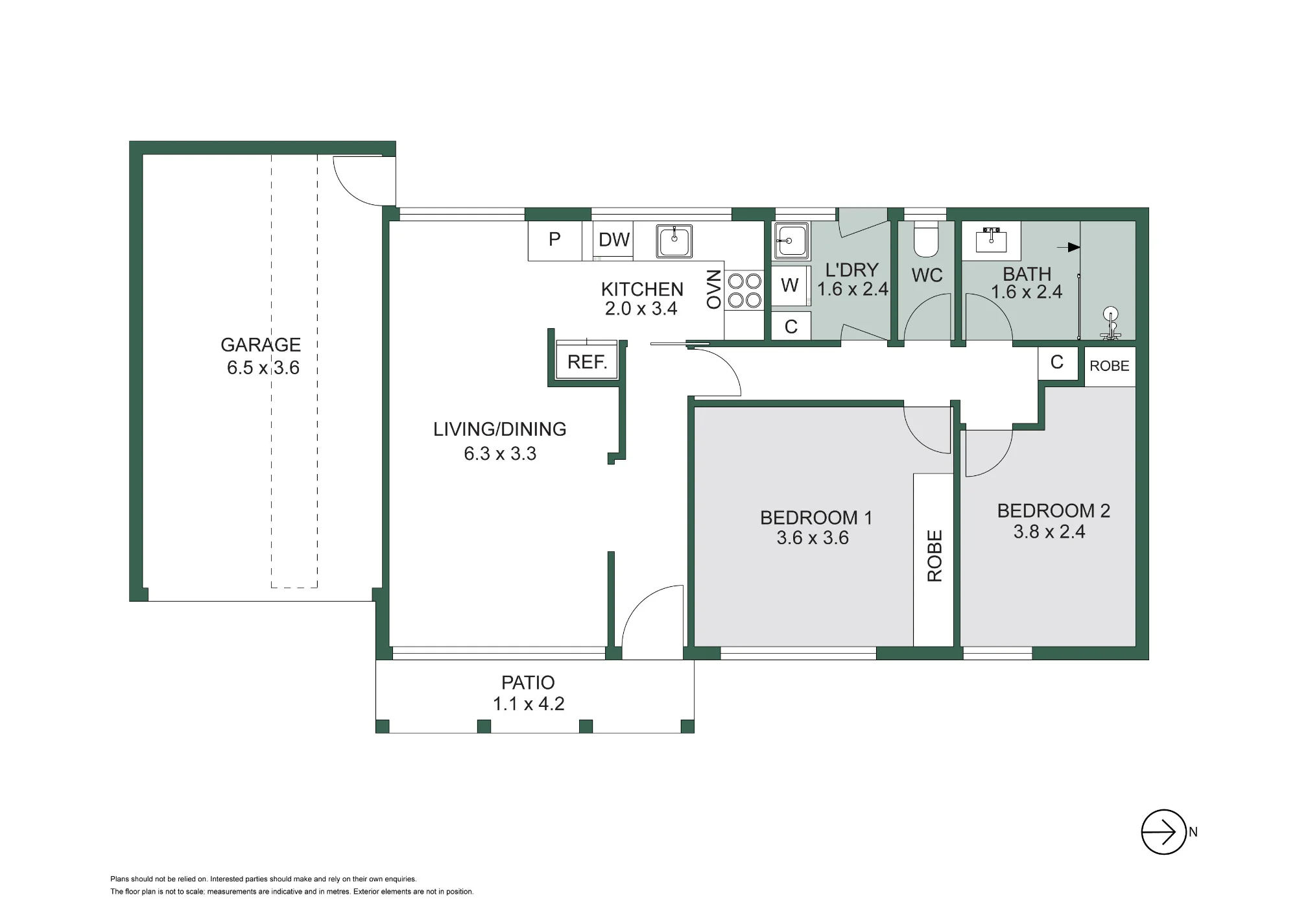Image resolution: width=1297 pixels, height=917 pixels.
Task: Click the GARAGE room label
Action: click(261, 344)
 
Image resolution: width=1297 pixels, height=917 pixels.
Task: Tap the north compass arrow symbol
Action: click(1164, 831)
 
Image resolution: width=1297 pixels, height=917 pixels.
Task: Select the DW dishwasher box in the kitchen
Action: click(613, 240)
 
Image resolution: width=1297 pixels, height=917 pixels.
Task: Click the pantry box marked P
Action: click(554, 241)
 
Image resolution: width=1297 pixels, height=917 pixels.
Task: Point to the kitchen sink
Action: click(674, 241)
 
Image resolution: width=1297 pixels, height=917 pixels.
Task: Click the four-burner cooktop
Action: click(744, 291)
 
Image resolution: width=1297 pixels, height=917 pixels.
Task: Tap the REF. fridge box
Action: click(587, 361)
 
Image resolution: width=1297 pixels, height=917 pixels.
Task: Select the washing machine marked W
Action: click(790, 285)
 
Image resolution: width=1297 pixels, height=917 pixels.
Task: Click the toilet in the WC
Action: click(926, 239)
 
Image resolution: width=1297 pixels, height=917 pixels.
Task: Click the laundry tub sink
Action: click(791, 241)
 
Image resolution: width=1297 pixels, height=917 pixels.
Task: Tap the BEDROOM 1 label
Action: click(816, 518)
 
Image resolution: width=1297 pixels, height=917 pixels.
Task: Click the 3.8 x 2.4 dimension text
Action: click(1049, 532)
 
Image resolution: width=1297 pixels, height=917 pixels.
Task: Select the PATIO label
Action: click(528, 682)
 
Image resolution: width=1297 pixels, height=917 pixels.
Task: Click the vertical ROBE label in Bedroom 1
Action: click(934, 556)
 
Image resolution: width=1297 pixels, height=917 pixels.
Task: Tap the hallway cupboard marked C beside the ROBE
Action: click(1057, 363)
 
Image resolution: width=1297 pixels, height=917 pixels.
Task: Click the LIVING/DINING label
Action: click(500, 429)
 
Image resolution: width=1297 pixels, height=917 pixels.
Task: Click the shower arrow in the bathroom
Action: click(1069, 247)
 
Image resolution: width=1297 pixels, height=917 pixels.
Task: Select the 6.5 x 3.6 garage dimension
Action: click(263, 368)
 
